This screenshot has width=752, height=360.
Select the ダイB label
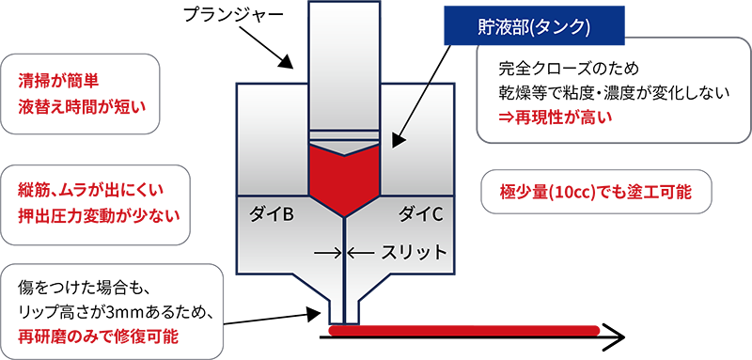272,213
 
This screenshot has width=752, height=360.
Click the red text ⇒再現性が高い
556,117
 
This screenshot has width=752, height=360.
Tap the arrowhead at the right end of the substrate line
615,335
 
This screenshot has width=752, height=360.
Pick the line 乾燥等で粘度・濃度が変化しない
600,93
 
